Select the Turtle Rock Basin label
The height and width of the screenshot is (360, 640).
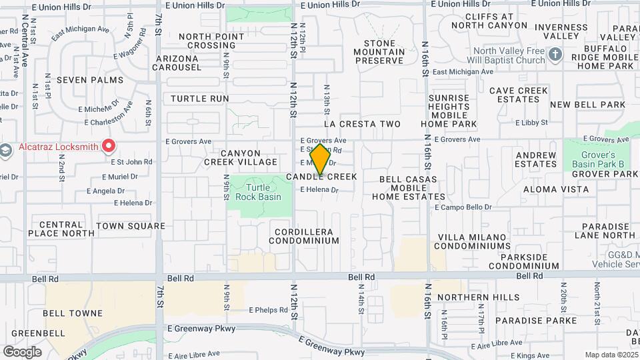[x=259, y=191]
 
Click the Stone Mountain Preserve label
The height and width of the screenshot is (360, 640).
[x=379, y=52]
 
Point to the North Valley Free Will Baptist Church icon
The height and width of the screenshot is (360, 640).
[x=555, y=55]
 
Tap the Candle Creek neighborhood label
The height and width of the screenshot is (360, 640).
[x=322, y=177]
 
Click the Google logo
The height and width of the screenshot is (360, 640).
[x=22, y=351]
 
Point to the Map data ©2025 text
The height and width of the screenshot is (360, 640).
[x=611, y=355]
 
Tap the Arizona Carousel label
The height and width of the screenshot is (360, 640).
[x=178, y=63]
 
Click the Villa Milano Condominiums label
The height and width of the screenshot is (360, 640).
[x=474, y=241]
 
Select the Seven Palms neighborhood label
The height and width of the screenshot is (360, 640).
[x=90, y=80]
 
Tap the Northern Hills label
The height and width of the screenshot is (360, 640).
[x=469, y=297]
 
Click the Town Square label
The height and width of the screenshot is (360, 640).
[x=130, y=226]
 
